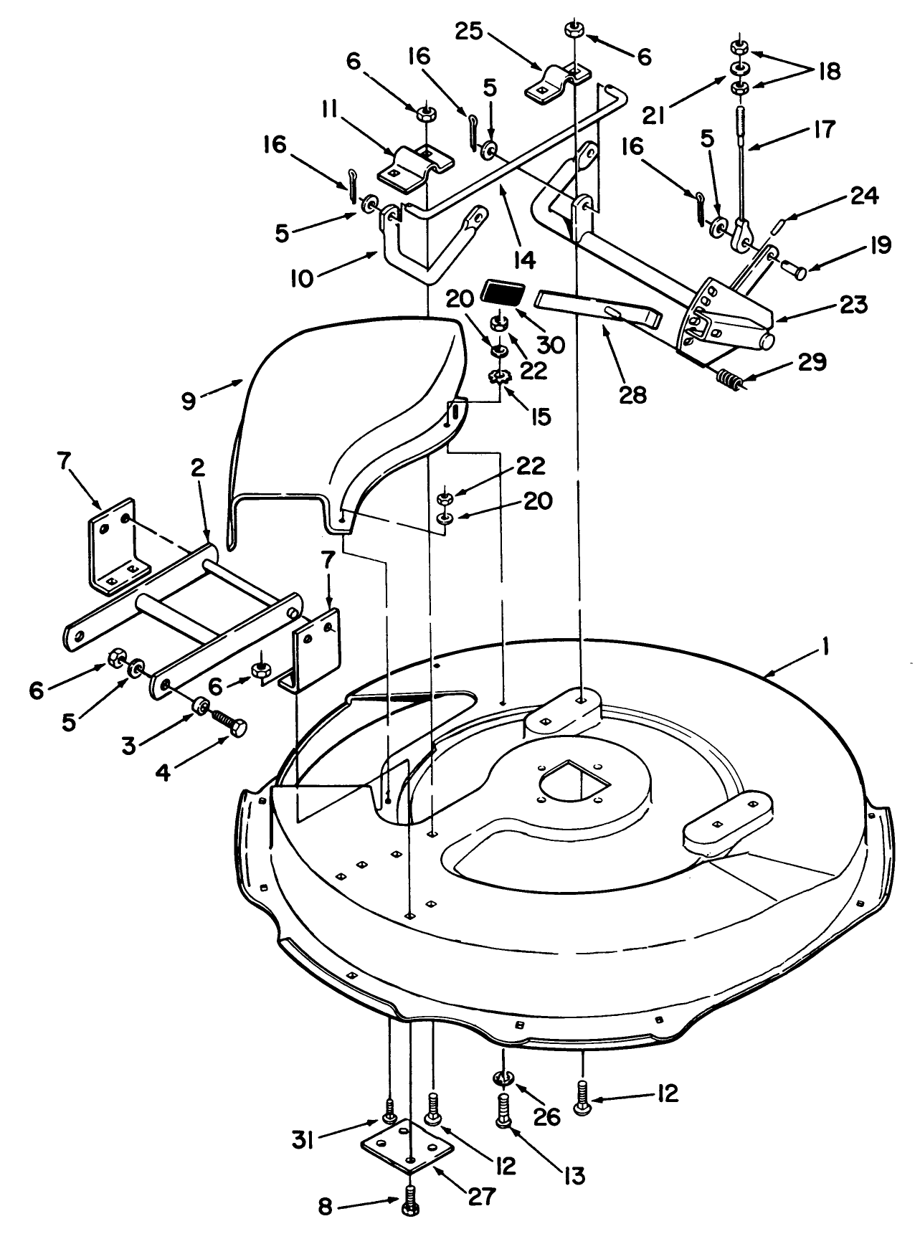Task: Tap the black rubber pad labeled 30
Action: pos(503,293)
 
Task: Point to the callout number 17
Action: pos(823,130)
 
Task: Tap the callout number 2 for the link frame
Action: pos(197,468)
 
